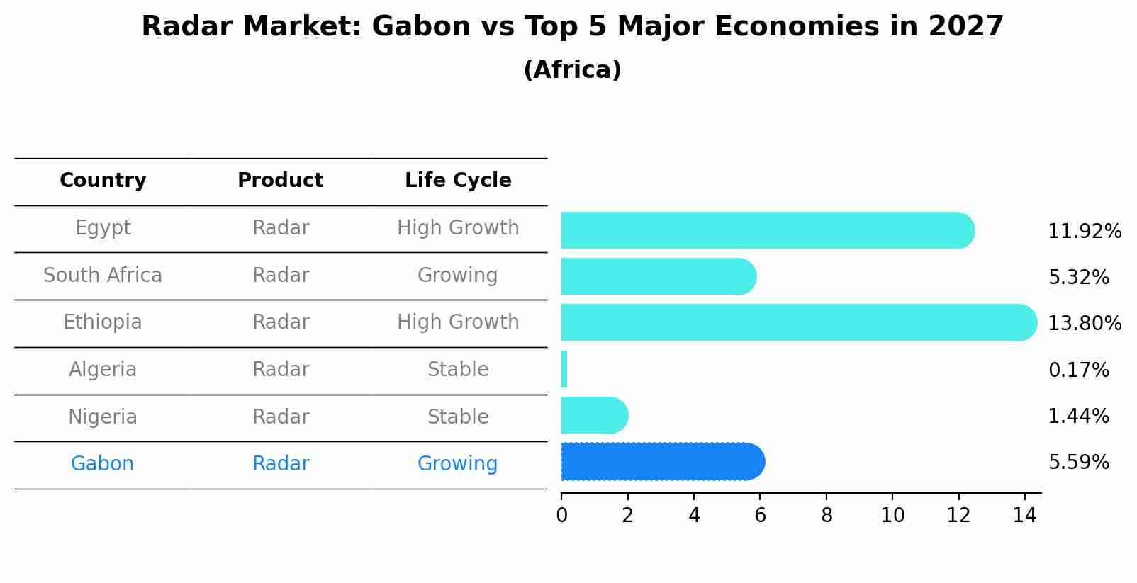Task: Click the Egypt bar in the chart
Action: [x=766, y=230]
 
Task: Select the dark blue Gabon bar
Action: [x=661, y=462]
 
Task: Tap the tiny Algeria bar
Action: [x=564, y=369]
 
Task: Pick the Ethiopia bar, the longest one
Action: [x=797, y=322]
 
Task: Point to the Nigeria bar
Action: [x=593, y=415]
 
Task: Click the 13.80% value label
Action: [x=1084, y=324]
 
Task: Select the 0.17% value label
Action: [x=1077, y=370]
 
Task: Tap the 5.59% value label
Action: [x=1077, y=463]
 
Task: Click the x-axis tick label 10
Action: [x=892, y=516]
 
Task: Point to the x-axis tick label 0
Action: [x=561, y=516]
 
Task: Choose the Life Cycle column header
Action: [x=458, y=181]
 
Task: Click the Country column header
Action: [x=103, y=181]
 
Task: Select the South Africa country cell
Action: [x=103, y=275]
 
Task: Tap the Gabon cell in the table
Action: [x=102, y=464]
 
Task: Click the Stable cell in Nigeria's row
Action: [x=458, y=417]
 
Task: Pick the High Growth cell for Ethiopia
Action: [x=458, y=322]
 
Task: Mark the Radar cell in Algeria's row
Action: [x=281, y=370]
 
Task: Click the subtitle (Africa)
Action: [x=572, y=70]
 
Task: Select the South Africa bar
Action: [x=658, y=276]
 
